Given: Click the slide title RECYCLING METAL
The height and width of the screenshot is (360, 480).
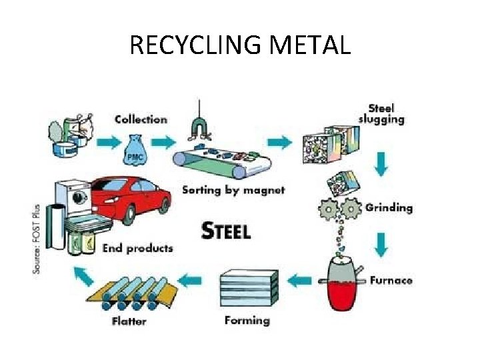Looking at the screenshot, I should click(x=240, y=45).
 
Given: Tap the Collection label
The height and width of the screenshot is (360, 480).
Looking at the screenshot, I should click(x=141, y=119).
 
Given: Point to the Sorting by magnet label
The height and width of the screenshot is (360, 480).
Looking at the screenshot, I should click(x=233, y=190).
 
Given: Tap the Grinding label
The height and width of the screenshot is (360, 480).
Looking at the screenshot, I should click(x=389, y=207).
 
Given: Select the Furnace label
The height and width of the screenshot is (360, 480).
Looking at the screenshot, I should click(x=391, y=280).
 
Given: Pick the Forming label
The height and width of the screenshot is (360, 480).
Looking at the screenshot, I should click(x=247, y=320).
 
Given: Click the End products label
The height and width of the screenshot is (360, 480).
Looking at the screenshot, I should click(x=137, y=248).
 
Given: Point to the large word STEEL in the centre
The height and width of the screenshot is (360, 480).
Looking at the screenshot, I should click(x=226, y=231).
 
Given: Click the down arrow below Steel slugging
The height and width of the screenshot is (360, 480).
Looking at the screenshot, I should click(x=381, y=163).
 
